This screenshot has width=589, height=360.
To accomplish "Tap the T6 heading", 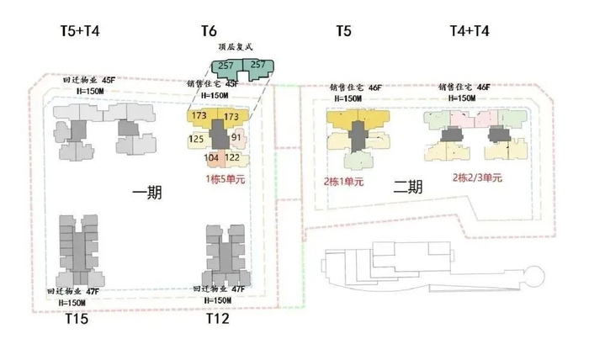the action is click(210, 31).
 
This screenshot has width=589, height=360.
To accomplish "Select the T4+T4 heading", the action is click(469, 31).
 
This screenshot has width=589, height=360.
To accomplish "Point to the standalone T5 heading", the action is click(343, 31).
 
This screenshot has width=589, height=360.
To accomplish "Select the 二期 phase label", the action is click(407, 188).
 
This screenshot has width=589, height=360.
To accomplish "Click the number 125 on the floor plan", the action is click(197, 138).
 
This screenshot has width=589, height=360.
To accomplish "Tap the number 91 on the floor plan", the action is click(236, 138).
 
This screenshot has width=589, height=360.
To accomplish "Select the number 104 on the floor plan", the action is click(212, 158).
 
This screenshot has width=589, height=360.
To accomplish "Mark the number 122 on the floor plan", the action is click(233, 158).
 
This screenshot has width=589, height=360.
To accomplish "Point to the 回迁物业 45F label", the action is click(89, 79).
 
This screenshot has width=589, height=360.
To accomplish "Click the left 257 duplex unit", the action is click(226, 65).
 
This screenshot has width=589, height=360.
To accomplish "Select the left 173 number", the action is click(199, 115).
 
